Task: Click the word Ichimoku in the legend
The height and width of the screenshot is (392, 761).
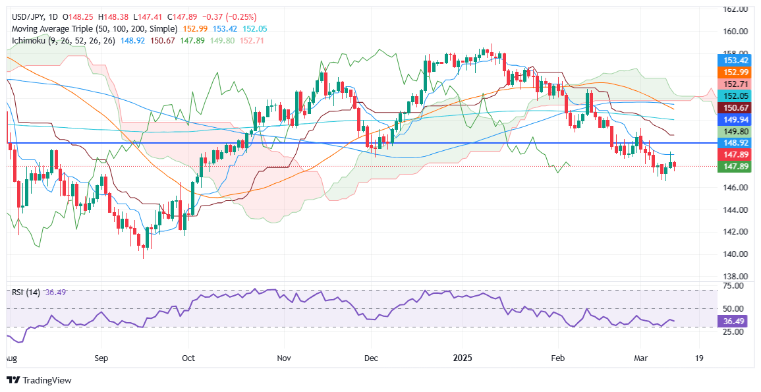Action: coord(26,41)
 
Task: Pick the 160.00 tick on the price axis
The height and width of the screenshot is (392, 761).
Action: coord(735,31)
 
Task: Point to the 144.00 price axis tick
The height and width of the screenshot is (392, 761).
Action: coord(735,210)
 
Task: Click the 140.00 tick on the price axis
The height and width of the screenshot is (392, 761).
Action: coord(735,254)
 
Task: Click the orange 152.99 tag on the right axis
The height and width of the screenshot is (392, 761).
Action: coord(734,72)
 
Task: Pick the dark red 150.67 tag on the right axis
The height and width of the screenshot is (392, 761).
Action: coord(734,107)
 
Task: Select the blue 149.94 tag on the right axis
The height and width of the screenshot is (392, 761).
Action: coord(734,119)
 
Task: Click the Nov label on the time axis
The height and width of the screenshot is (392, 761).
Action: coord(284,359)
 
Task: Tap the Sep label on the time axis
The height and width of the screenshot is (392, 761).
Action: coord(101,359)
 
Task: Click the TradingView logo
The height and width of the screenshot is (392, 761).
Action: coord(39,380)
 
